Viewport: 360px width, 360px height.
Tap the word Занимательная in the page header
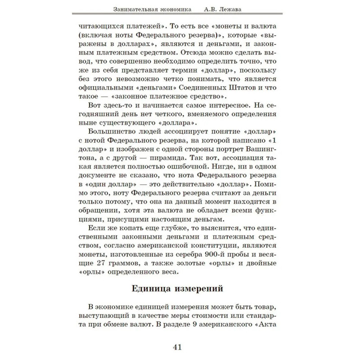(135, 9)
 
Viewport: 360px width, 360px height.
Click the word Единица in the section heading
(154, 288)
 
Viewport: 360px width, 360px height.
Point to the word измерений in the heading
(201, 288)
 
